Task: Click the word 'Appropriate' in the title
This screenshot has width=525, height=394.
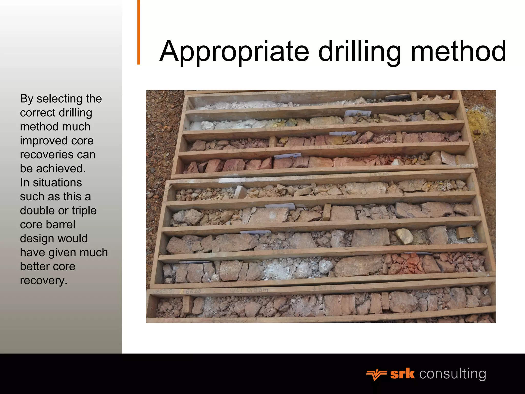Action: [x=234, y=52]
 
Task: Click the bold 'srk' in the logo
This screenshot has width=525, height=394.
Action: [x=402, y=374]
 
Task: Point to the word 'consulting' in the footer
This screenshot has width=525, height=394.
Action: [x=452, y=374]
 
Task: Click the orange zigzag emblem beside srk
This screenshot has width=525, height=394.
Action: [x=376, y=375]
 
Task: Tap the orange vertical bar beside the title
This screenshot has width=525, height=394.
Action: [x=139, y=32]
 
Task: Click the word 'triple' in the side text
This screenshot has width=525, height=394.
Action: [x=84, y=211]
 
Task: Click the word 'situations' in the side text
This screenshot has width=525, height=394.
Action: [x=57, y=183]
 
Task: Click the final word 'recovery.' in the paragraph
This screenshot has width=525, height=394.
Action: [x=44, y=280]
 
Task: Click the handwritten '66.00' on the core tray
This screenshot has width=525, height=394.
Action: [x=193, y=292]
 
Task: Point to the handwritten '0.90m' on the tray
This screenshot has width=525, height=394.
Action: [x=257, y=290]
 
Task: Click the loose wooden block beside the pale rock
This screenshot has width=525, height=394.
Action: [x=465, y=232]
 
